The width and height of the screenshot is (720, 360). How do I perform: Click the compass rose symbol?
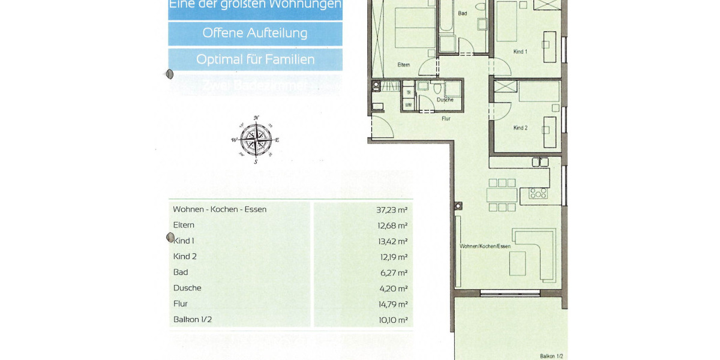pyautogui.click(x=256, y=140)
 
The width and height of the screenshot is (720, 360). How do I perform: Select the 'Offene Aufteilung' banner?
pyautogui.click(x=255, y=33)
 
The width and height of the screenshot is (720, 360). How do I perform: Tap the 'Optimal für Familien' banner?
pyautogui.click(x=255, y=60)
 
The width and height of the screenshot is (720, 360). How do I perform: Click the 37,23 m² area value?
pyautogui.click(x=392, y=209)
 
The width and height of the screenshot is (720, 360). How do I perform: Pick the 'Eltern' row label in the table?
pyautogui.click(x=184, y=225)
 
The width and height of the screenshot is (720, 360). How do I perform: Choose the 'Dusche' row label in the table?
pyautogui.click(x=187, y=287)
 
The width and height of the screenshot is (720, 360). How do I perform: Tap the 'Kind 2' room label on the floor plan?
pyautogui.click(x=520, y=128)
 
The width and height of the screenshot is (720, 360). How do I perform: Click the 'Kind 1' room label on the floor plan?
pyautogui.click(x=520, y=52)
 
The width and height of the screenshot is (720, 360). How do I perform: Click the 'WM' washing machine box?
pyautogui.click(x=409, y=105)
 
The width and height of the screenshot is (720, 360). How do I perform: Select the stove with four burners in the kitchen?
pyautogui.click(x=538, y=193)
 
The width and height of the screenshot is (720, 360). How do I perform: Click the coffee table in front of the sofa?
pyautogui.click(x=517, y=262)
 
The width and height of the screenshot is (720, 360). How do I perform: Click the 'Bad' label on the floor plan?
pyautogui.click(x=463, y=13)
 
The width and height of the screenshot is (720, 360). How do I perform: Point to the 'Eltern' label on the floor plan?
pyautogui.click(x=404, y=65)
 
